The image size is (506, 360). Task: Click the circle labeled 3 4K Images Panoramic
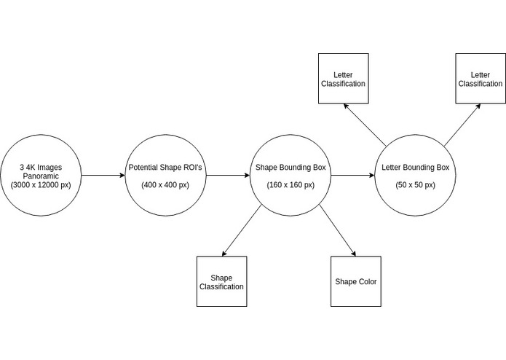coord(41,176)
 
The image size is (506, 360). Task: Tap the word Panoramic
coord(41,176)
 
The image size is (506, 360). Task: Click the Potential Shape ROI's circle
coord(165,176)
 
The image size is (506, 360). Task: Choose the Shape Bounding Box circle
coord(290,176)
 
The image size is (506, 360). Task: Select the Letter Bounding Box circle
coord(415,176)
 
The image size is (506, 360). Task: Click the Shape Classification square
coord(222,281)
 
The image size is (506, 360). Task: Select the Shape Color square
coord(355,281)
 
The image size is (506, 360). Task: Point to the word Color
coord(367,282)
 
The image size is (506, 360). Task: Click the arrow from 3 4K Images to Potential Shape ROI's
coord(103,176)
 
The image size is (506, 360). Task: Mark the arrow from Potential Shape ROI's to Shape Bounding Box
coord(227,176)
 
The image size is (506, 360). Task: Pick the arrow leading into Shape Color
coord(336,230)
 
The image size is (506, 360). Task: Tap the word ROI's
coord(191,168)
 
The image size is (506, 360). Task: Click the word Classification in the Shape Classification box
coord(222,286)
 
